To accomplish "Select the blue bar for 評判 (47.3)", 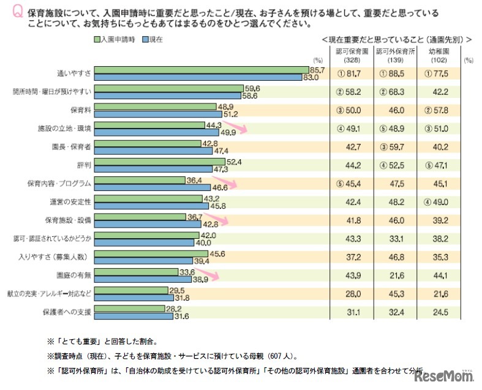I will tap(153, 169).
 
